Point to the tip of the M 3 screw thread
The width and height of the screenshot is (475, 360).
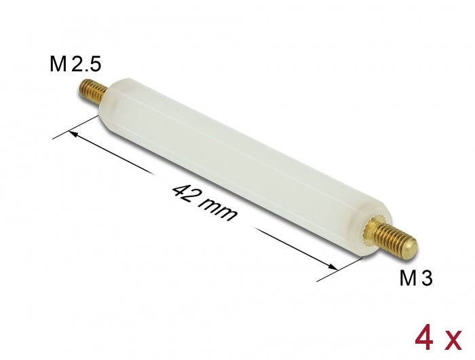(x=410, y=251)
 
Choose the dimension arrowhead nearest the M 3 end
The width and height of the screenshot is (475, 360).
(x=332, y=266)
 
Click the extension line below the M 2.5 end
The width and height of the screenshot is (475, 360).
(x=75, y=128)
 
